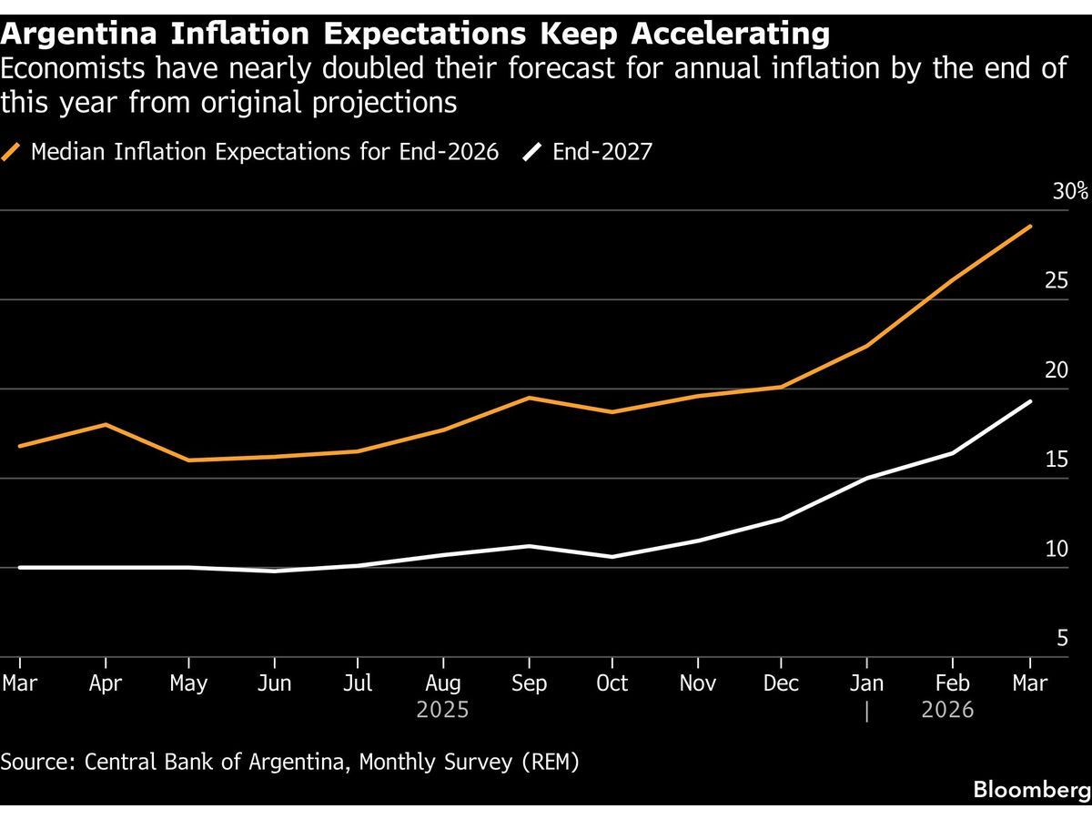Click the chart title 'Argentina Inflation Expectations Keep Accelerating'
(x=415, y=34)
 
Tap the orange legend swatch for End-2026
(x=12, y=152)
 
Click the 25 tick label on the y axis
(x=1056, y=281)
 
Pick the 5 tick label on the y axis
(x=1061, y=640)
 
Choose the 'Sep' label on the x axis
(x=529, y=683)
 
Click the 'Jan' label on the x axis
(x=867, y=683)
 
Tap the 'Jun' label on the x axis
(x=274, y=683)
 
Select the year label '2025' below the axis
(x=443, y=710)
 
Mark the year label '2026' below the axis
(x=947, y=710)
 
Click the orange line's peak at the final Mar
(x=1030, y=226)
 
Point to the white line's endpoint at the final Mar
(x=1030, y=401)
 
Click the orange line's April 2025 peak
(x=106, y=424)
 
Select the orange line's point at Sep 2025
(x=529, y=398)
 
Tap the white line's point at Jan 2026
(x=867, y=478)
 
